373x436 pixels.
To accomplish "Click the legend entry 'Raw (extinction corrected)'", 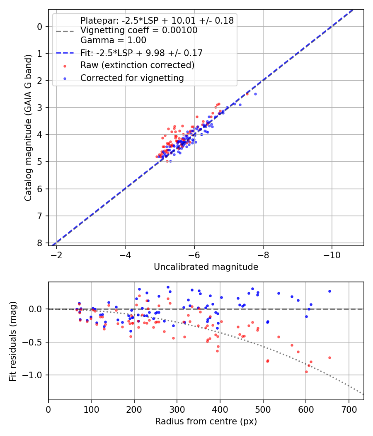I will [x=137, y=65].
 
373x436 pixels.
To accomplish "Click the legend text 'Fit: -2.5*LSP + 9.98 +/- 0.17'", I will [x=141, y=53].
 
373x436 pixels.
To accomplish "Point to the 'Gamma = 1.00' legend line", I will [x=113, y=40].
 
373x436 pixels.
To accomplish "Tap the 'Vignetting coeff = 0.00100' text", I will [x=139, y=30].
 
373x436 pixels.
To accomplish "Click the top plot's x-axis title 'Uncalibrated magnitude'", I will [x=206, y=267].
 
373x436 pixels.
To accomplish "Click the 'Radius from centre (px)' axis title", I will [x=206, y=421].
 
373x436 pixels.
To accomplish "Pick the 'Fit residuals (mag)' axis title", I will [x=13, y=341].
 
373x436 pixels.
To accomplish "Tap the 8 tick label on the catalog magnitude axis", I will [x=40, y=243].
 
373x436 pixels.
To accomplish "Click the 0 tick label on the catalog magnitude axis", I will [x=40, y=27].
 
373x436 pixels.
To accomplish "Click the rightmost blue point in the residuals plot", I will [x=329, y=291].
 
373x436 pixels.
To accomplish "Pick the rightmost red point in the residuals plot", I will [x=329, y=358].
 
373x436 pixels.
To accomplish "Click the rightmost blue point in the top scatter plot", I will [x=255, y=94].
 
